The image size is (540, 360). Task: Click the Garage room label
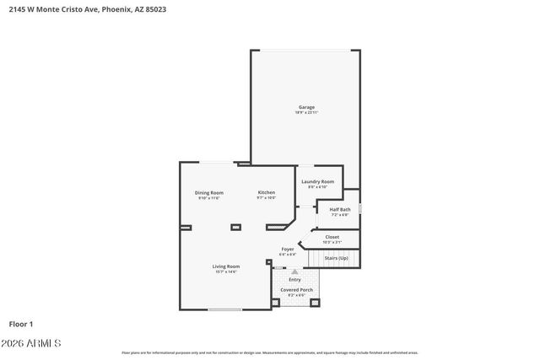click(306, 107)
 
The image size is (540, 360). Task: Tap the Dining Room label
click(209, 193)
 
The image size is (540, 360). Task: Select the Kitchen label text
click(267, 193)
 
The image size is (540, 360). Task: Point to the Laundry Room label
click(317, 181)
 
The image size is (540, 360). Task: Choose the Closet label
click(332, 237)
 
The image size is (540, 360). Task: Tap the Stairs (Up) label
click(337, 258)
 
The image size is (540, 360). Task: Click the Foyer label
click(288, 249)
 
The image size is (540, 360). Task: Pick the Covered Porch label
click(297, 289)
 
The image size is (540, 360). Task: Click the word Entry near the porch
click(294, 279)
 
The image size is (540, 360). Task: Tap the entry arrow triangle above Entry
click(294, 271)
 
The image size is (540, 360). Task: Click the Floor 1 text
click(21, 323)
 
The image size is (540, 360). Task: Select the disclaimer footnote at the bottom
click(270, 352)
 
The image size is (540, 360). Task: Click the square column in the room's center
click(235, 226)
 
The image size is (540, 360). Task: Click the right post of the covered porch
click(315, 303)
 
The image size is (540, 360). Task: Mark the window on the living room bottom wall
click(225, 309)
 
